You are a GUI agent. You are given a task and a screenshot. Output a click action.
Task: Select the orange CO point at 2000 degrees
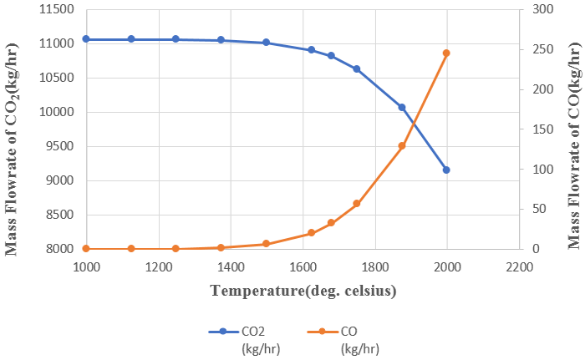click(447, 53)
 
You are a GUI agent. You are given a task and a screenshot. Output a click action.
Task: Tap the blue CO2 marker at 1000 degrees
click(86, 39)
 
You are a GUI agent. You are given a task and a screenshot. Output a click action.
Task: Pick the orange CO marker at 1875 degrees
click(402, 145)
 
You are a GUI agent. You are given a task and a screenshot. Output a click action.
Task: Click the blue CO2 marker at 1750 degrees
click(357, 69)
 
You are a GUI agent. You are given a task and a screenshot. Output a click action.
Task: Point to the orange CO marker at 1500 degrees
click(266, 244)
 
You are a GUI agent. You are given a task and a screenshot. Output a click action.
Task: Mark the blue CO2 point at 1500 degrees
click(266, 43)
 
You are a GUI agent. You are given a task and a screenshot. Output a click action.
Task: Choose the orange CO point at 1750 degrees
click(357, 203)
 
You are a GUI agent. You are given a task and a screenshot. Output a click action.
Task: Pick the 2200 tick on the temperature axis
click(519, 266)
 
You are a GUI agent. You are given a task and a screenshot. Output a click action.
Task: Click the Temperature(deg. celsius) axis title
click(303, 292)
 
